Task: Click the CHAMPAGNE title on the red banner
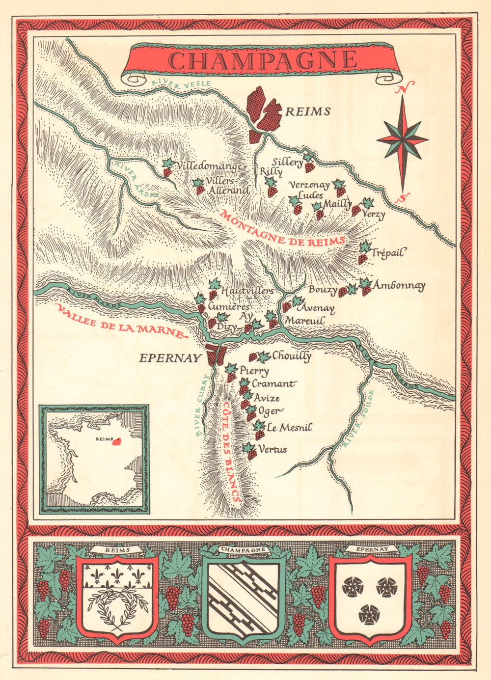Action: click(x=263, y=60)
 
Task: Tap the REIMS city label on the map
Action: click(x=308, y=112)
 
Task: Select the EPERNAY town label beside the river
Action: click(x=170, y=358)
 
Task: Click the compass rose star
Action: click(x=403, y=140)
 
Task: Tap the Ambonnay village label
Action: click(x=399, y=286)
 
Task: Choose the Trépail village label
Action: click(x=389, y=253)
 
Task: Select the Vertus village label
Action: click(x=273, y=449)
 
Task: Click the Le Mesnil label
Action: click(x=289, y=428)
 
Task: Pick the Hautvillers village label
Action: click(x=247, y=291)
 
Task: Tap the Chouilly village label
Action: click(x=291, y=356)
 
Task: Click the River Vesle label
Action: click(x=181, y=84)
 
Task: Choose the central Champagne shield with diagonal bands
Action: click(x=244, y=598)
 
